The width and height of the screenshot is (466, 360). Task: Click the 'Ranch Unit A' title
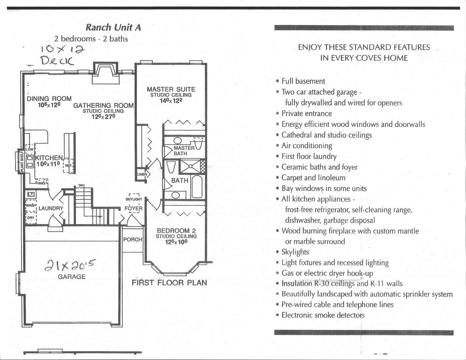coord(113,27)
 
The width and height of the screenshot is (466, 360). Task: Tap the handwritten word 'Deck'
coord(57,60)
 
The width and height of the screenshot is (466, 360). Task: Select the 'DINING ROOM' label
coord(49,99)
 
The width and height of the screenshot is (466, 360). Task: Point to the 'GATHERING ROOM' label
coord(104,105)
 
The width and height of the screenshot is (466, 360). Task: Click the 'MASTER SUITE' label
coord(171,89)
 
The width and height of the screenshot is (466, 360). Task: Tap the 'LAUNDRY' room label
coord(51,208)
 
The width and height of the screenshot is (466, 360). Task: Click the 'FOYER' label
coord(134,208)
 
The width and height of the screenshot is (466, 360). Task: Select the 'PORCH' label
coord(133,240)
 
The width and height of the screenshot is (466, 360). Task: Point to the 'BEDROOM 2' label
coord(176,231)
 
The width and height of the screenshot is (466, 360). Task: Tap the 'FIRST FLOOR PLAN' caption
coord(169,283)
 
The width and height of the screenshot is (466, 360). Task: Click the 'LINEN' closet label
coord(142,174)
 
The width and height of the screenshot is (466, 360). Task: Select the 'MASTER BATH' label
coord(184,150)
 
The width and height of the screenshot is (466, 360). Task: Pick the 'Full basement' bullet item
coord(303,81)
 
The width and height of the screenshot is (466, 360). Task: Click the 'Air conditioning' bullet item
coord(307,145)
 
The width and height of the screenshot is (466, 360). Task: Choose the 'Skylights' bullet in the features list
coord(295,252)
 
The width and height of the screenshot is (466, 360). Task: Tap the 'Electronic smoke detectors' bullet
coord(323,315)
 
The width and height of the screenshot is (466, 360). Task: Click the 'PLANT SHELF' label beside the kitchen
coord(21,161)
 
